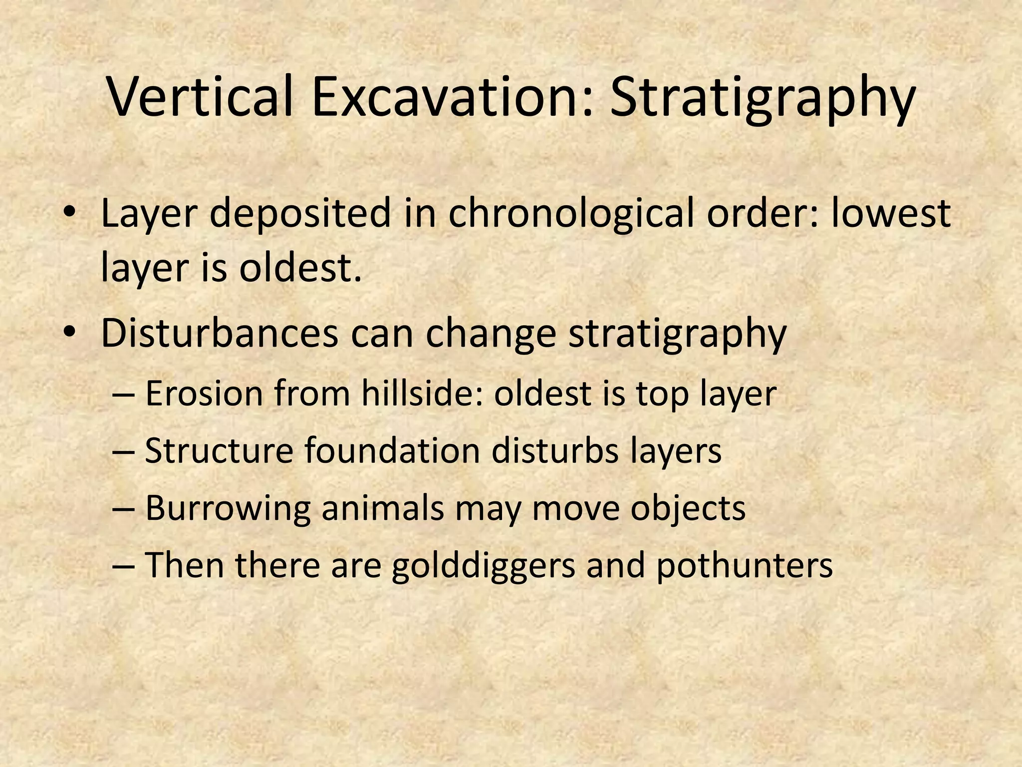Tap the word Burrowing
click(x=227, y=508)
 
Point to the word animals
click(x=382, y=508)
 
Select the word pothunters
click(x=744, y=566)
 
